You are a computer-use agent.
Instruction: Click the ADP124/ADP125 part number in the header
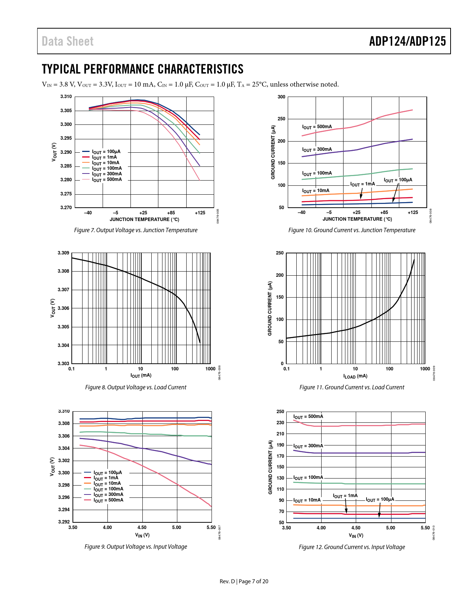click(x=407, y=41)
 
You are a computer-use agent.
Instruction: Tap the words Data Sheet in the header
click(x=68, y=41)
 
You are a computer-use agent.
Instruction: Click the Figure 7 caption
click(x=136, y=230)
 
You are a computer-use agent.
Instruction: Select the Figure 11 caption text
click(x=352, y=387)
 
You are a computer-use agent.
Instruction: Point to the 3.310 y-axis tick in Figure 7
click(x=66, y=97)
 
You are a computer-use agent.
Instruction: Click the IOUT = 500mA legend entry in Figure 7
click(x=107, y=180)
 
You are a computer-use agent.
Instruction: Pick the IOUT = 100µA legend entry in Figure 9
click(x=107, y=473)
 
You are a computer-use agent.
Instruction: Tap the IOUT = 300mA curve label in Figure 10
click(x=317, y=150)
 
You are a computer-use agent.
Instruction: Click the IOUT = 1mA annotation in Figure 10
click(x=362, y=184)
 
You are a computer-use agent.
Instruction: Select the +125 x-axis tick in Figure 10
click(x=413, y=213)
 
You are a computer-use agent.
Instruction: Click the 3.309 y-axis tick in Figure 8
click(x=63, y=253)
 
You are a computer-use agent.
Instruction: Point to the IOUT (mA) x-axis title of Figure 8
click(x=141, y=376)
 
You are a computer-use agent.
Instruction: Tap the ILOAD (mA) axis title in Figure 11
click(x=355, y=376)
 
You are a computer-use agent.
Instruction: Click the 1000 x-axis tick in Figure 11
click(x=425, y=369)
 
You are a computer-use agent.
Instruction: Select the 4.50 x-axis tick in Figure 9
click(x=142, y=528)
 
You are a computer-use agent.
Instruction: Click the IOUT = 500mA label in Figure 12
click(x=308, y=417)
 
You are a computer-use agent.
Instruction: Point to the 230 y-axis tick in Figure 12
click(x=280, y=423)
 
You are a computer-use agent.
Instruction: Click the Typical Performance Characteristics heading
click(x=143, y=69)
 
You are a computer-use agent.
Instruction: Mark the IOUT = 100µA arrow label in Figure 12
click(x=380, y=500)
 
